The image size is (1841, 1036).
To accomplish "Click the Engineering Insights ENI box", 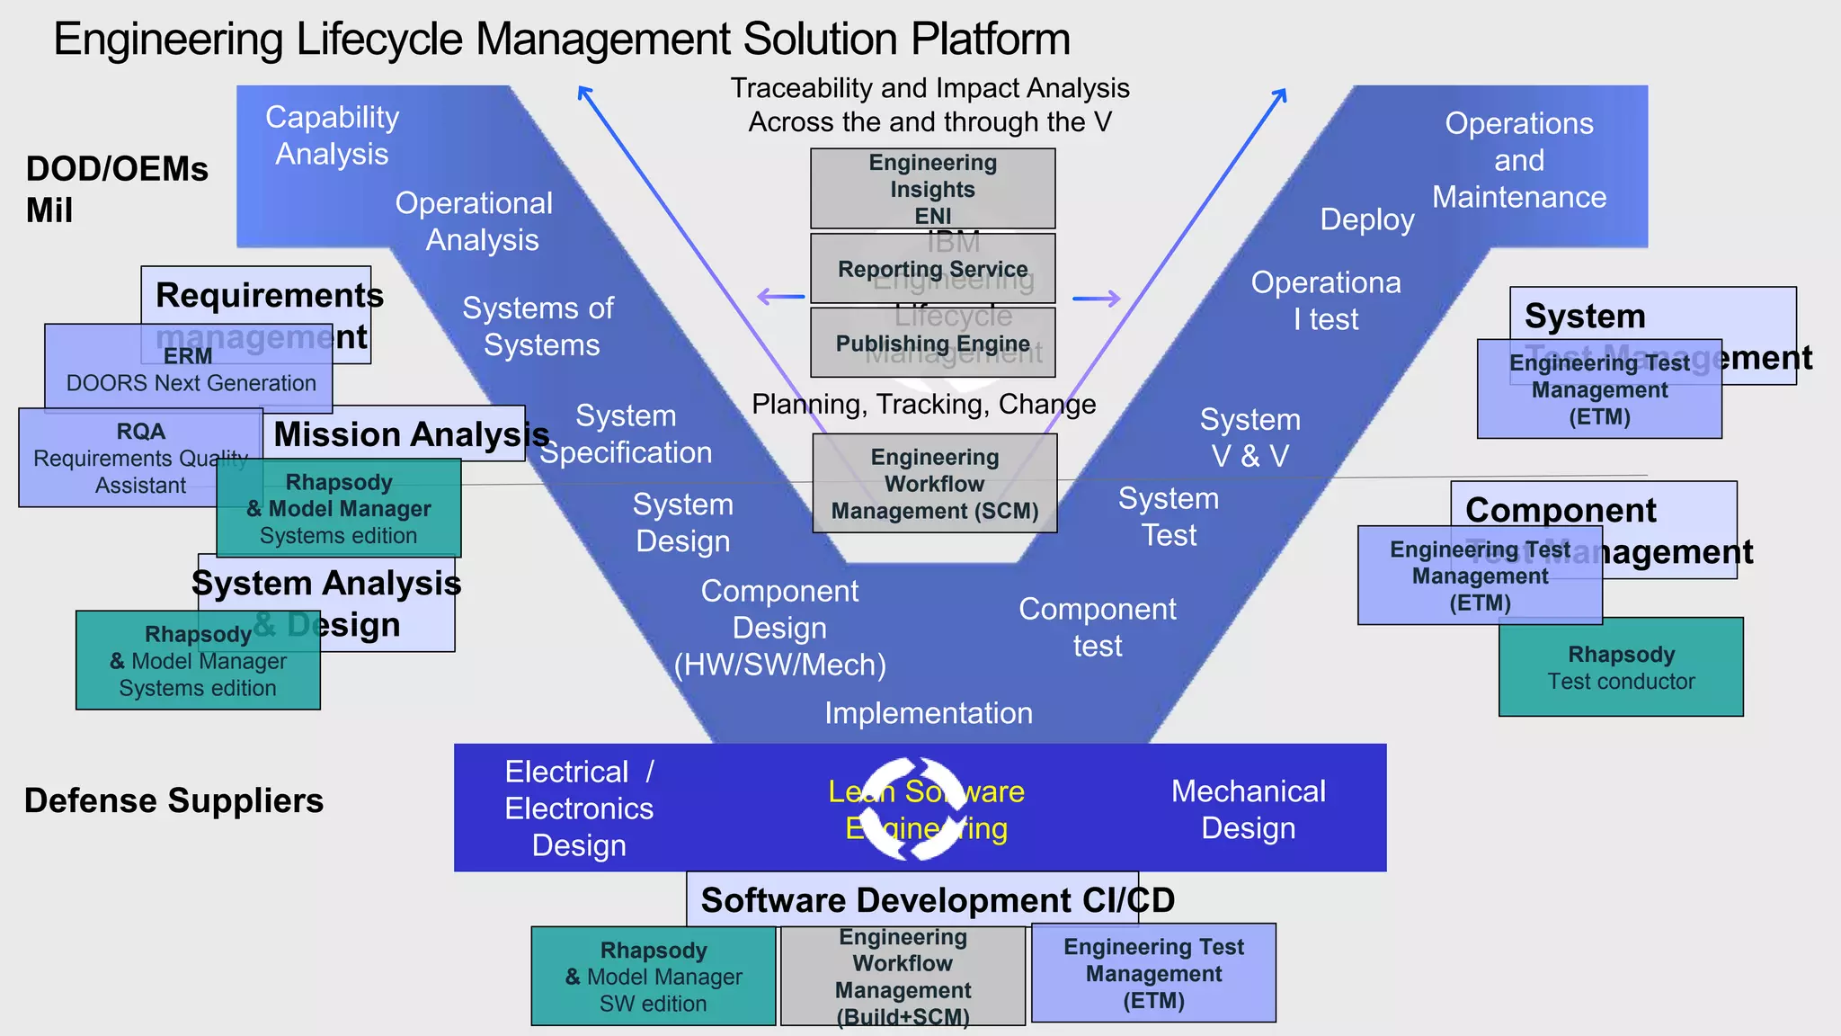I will tap(932, 189).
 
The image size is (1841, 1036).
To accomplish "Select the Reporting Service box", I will tap(932, 269).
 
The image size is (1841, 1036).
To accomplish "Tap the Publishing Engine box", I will tap(932, 344).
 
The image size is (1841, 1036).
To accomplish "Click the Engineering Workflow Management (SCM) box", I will tap(934, 484).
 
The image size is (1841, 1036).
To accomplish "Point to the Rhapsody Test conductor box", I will tap(1620, 667).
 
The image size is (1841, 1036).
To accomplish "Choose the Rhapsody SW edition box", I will tap(653, 977).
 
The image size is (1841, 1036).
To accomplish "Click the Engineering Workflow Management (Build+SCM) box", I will tap(903, 977).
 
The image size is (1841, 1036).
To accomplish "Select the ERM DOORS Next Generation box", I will tap(189, 370).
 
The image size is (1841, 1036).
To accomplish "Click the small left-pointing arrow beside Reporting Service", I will tap(780, 297).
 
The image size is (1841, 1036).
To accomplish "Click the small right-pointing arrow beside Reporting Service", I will tap(1098, 299).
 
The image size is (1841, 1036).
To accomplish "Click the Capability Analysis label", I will tap(332, 135).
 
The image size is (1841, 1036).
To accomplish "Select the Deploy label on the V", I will tap(1366, 219).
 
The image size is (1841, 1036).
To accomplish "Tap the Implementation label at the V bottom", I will tap(928, 713).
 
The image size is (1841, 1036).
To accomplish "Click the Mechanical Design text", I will tap(1248, 809).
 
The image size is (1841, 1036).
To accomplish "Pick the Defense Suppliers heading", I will tap(173, 800).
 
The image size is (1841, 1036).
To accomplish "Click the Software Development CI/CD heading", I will tap(937, 900).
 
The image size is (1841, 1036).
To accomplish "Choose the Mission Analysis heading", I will tap(411, 434).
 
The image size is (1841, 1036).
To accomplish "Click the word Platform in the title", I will tap(990, 40).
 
